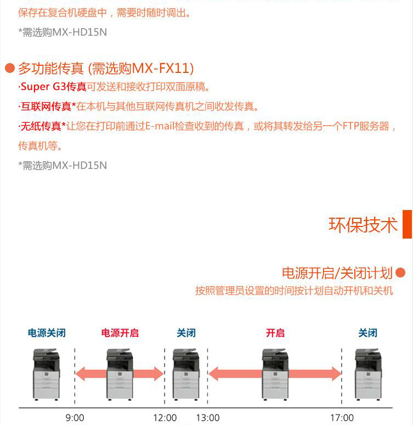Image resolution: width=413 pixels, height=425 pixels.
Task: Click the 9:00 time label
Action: pyautogui.click(x=75, y=418)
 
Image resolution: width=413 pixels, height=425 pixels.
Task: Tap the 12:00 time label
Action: pyautogui.click(x=165, y=418)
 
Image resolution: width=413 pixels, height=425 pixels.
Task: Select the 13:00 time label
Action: pyautogui.click(x=208, y=418)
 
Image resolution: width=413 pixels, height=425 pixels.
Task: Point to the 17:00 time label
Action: pyautogui.click(x=342, y=418)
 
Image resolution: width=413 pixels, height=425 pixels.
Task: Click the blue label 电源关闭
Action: pyautogui.click(x=47, y=333)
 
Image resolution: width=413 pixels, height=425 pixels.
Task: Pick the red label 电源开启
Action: pyautogui.click(x=120, y=333)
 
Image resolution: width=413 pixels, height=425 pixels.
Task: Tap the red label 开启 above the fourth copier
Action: pyautogui.click(x=275, y=333)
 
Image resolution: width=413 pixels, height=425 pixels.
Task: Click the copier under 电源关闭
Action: pyautogui.click(x=46, y=375)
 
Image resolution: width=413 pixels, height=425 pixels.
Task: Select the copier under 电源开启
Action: pyautogui.click(x=120, y=375)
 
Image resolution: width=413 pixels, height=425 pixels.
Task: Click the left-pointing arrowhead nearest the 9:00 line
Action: pyautogui.click(x=80, y=374)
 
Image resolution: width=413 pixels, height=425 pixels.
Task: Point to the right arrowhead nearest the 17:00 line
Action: pyautogui.click(x=337, y=374)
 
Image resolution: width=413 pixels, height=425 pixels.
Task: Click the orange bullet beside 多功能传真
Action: pyautogui.click(x=10, y=68)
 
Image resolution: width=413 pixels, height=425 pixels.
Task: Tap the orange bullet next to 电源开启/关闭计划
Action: pyautogui.click(x=400, y=273)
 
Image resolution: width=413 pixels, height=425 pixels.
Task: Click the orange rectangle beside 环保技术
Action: pyautogui.click(x=407, y=224)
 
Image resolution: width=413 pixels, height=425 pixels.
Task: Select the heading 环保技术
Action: pyautogui.click(x=363, y=225)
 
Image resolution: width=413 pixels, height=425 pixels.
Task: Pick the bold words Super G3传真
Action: pyautogui.click(x=53, y=87)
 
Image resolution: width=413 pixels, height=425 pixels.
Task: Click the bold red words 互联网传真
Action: pyautogui.click(x=46, y=106)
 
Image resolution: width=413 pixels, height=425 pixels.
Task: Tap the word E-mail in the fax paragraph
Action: pyautogui.click(x=160, y=126)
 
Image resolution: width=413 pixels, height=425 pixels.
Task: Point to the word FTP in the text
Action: pyautogui.click(x=351, y=126)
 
